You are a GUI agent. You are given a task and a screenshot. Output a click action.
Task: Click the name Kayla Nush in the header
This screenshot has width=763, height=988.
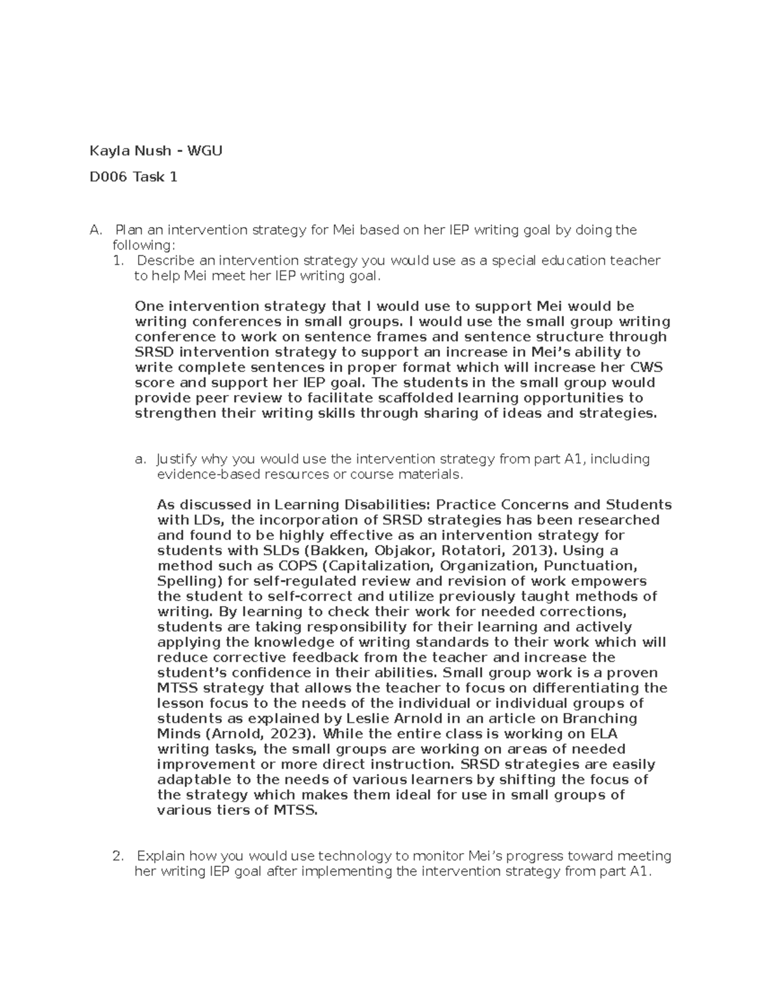point(130,151)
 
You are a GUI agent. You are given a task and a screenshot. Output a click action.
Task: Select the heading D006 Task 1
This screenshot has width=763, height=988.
point(134,177)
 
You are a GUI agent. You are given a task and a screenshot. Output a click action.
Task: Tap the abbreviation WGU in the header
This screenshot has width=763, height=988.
point(205,151)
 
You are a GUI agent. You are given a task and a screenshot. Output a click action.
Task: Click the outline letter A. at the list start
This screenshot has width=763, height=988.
point(95,230)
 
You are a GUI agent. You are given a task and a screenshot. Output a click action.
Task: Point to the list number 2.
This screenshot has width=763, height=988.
point(117,856)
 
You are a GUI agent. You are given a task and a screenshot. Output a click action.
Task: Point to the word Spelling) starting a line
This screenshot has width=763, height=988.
point(186,581)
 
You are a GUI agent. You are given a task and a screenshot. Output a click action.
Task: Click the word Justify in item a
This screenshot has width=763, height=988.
point(177,459)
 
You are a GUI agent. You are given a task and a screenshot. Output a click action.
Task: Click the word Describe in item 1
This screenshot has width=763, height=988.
point(166,260)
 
